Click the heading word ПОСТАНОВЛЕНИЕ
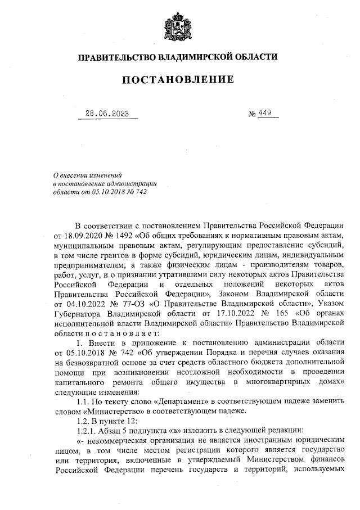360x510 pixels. click(x=178, y=80)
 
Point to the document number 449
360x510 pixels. click(x=265, y=113)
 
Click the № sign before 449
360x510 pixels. click(x=252, y=114)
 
